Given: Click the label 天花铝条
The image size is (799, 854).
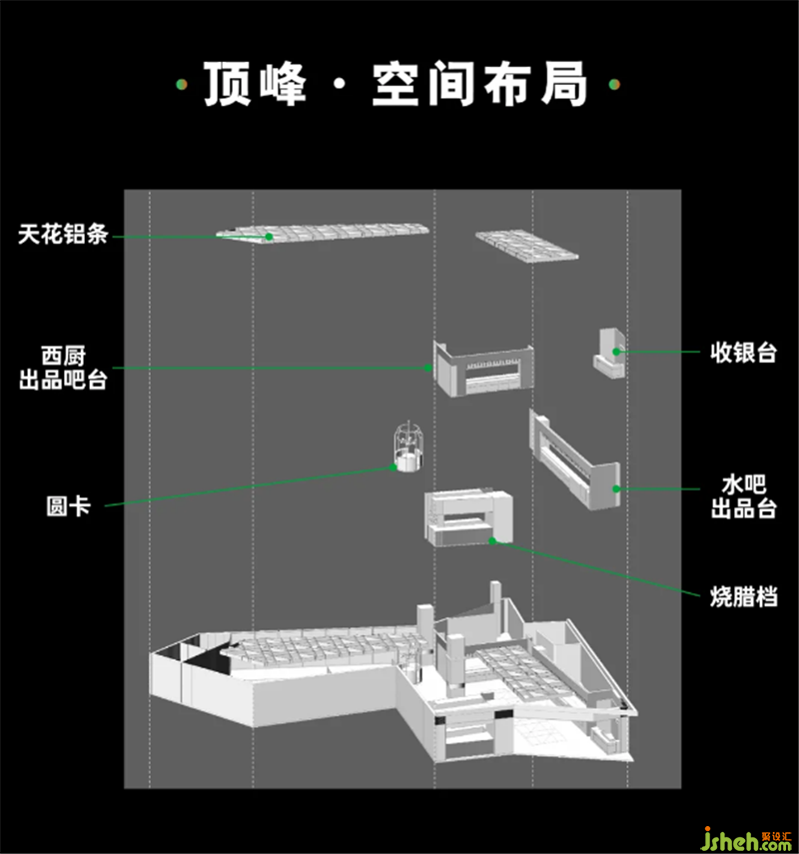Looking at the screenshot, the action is click(x=63, y=234).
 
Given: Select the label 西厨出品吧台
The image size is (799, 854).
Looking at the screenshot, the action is click(x=63, y=368).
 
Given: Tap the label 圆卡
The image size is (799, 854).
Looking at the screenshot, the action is click(x=68, y=506).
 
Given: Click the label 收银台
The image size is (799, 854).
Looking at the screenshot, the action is click(x=743, y=353).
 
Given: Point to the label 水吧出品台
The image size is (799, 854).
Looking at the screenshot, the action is click(x=743, y=496).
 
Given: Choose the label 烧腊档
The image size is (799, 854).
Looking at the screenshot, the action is click(x=743, y=596).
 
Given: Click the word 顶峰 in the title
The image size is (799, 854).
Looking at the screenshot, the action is click(x=255, y=84).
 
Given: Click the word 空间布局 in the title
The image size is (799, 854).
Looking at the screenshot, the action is click(x=479, y=84).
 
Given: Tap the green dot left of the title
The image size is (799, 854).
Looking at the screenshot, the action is click(x=182, y=85).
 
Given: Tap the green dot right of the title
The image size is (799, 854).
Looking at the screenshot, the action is click(x=614, y=85).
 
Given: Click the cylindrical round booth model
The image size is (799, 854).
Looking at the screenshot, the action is click(x=408, y=446).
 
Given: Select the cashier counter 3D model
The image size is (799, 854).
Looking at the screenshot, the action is click(x=609, y=353).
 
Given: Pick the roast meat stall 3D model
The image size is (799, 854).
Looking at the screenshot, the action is click(x=468, y=517).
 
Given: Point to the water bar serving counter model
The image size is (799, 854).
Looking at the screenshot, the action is click(x=574, y=460).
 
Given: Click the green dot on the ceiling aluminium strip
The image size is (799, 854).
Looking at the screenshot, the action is click(x=269, y=237).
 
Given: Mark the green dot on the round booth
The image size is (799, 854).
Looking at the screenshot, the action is click(x=394, y=467).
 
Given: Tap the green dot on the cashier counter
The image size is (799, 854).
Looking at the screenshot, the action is click(x=616, y=352).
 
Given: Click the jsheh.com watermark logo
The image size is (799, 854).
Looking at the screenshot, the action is click(x=747, y=838).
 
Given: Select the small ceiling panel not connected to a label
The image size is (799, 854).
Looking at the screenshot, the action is click(x=526, y=246).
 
